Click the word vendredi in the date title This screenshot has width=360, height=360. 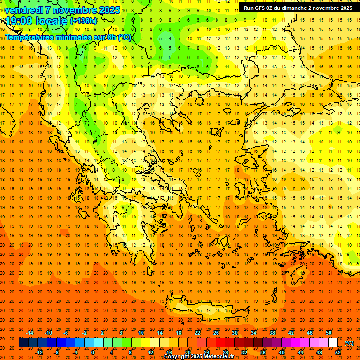pos(23,10)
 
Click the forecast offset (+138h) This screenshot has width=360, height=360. pos(83,21)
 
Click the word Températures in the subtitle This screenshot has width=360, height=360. pos(28,37)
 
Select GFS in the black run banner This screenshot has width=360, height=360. pos(262,8)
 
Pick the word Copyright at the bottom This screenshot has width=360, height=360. pos(177,357)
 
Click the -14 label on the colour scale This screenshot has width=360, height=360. pos(30,333)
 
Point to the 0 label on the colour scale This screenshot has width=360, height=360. pos(93,352)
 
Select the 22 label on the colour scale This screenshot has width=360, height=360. pos(197,333)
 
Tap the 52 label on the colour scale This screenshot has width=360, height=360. pos(338,352)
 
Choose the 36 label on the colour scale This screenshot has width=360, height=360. pos(263,352)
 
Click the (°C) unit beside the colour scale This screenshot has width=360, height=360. pos(349,343)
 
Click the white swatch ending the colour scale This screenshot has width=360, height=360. pos(333,343)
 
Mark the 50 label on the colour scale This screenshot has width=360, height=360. pos(329,333)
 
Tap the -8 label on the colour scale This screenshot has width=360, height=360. pos(57,352)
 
